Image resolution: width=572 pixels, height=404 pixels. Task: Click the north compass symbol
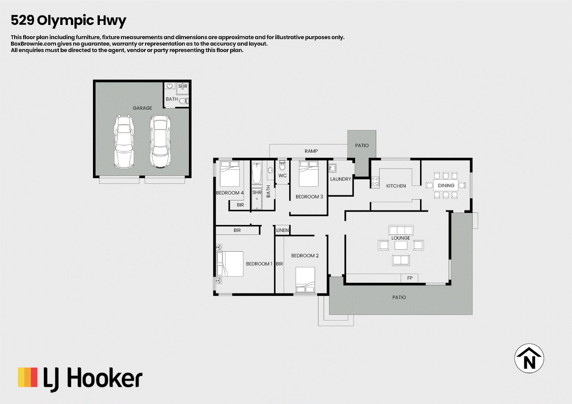(x=529, y=358)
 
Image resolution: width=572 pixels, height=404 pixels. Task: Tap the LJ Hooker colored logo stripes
(x=28, y=377)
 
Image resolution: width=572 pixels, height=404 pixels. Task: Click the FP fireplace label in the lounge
(x=410, y=278)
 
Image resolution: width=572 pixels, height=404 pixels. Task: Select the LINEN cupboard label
(x=282, y=230)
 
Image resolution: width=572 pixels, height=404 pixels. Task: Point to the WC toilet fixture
(x=282, y=165)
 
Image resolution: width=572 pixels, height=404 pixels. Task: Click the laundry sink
(x=332, y=168)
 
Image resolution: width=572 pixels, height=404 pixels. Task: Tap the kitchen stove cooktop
(x=375, y=182)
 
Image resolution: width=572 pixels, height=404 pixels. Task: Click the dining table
(x=445, y=185)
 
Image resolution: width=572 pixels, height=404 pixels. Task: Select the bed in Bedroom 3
(x=309, y=173)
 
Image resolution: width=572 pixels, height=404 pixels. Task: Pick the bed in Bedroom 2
(x=305, y=280)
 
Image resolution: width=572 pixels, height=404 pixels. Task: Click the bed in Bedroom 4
(x=230, y=173)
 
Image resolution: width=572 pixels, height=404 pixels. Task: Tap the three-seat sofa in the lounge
(x=401, y=230)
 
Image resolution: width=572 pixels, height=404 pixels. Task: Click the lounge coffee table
(x=401, y=245)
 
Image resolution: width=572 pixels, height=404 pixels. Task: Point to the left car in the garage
(x=124, y=142)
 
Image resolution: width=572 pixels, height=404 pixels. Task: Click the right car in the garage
(x=160, y=141)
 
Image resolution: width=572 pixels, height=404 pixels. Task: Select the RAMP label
(x=311, y=151)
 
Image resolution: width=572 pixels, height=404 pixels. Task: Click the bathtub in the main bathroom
(x=257, y=174)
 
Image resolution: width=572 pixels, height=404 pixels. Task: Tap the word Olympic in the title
(x=65, y=21)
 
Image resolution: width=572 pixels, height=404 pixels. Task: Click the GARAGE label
(x=142, y=108)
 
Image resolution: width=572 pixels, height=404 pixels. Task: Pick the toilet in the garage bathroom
(x=184, y=101)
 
